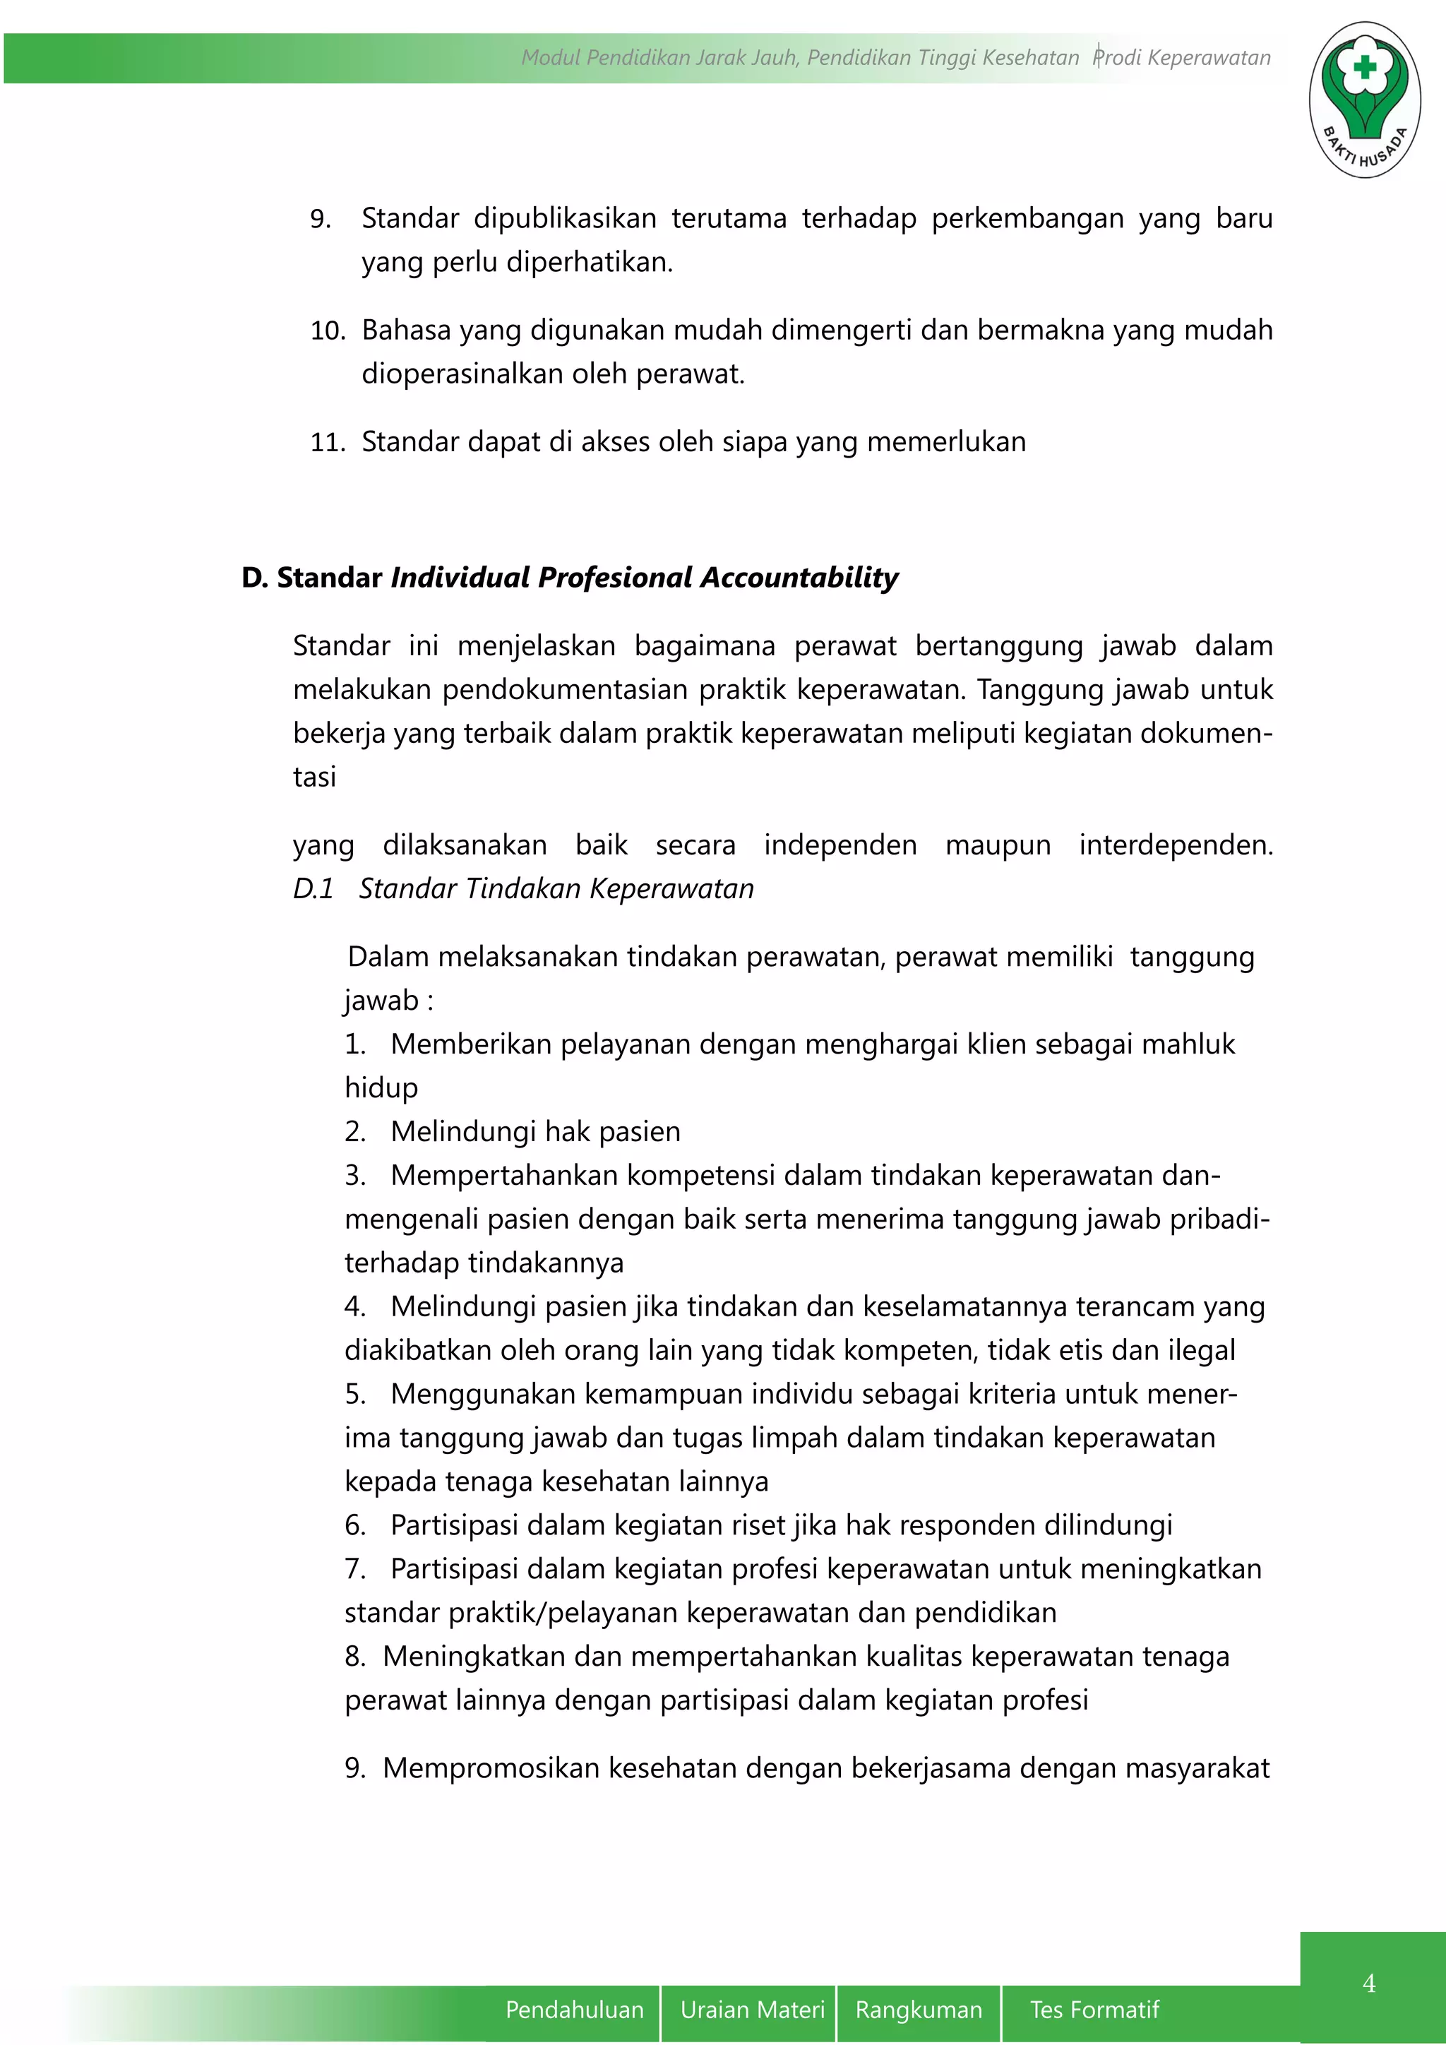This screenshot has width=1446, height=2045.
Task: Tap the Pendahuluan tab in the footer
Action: pos(574,2010)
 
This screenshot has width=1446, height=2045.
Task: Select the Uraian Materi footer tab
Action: pos(753,2010)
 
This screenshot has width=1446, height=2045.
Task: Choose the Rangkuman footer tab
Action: pos(918,2010)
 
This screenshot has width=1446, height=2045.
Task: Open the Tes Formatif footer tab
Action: pos(1094,2010)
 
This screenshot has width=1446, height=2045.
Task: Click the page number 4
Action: pos(1368,1984)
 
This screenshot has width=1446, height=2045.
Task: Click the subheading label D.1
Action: pos(313,888)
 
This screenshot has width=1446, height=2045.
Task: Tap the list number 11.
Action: pos(327,442)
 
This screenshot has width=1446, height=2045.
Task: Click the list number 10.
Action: pos(327,330)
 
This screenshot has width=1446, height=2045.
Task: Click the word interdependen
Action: pos(1176,845)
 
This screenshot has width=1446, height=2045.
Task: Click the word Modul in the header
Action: pos(549,58)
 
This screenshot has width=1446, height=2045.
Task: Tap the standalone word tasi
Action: pos(314,777)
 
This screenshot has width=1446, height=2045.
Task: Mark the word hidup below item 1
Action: pos(381,1087)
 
